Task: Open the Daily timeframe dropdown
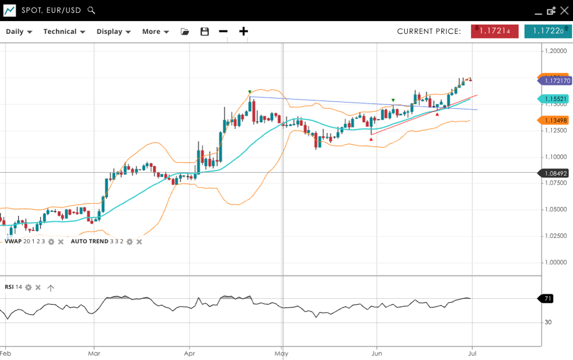(x=19, y=32)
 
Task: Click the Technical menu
(x=64, y=32)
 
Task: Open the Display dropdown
(x=113, y=32)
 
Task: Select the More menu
(x=155, y=32)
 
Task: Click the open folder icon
(x=185, y=32)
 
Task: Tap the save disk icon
(x=204, y=32)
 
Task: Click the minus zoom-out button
(x=223, y=32)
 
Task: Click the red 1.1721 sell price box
(x=494, y=32)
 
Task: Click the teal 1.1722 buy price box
(x=547, y=32)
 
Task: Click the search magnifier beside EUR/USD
(x=91, y=11)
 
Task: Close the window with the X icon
(x=564, y=11)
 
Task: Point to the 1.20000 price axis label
(x=555, y=51)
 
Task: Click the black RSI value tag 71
(x=547, y=299)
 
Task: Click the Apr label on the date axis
(x=188, y=353)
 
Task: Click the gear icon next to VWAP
(x=51, y=242)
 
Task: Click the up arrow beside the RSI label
(x=51, y=288)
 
